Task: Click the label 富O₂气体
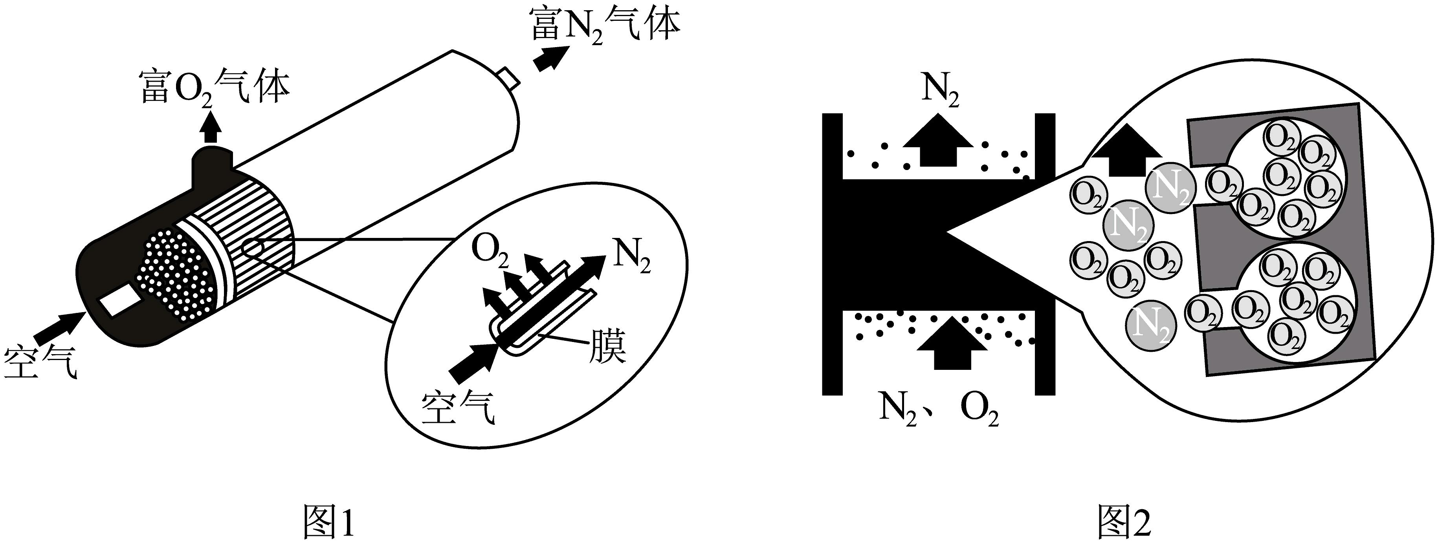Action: (x=215, y=88)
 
